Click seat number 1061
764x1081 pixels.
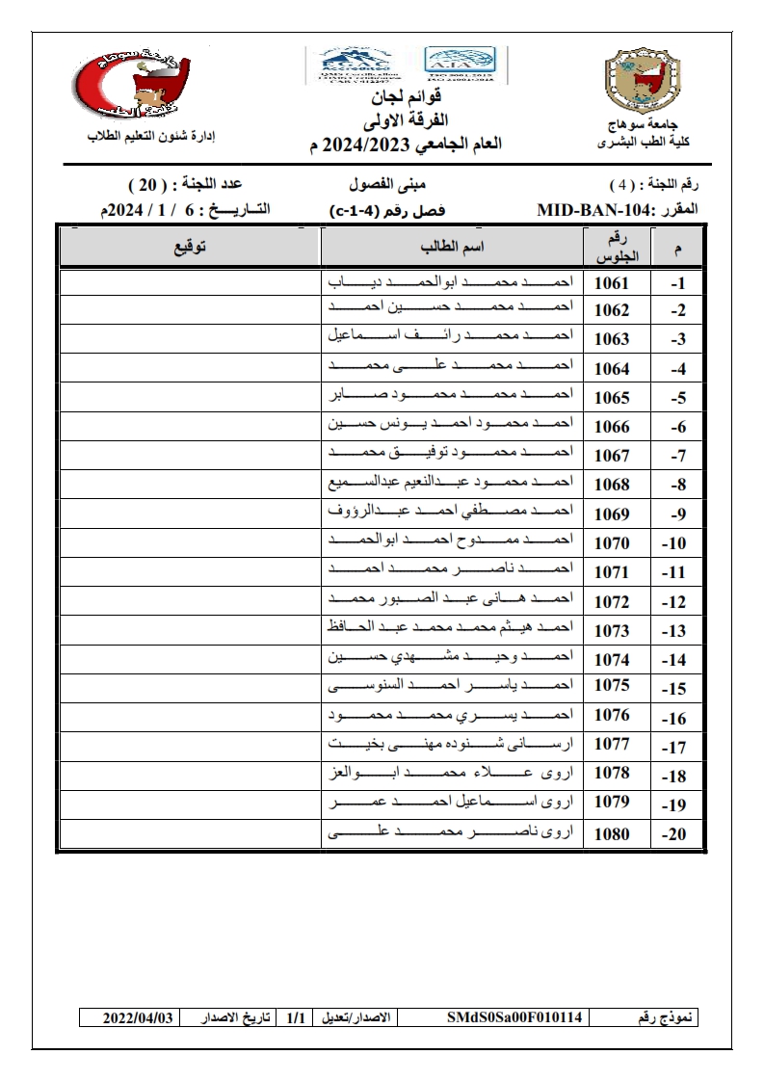pyautogui.click(x=612, y=283)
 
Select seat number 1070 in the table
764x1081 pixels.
pyautogui.click(x=612, y=543)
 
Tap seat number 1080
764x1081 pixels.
pyautogui.click(x=612, y=834)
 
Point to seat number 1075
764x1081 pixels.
pyautogui.click(x=612, y=687)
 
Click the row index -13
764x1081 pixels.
pyautogui.click(x=676, y=632)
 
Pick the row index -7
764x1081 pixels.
pyautogui.click(x=676, y=457)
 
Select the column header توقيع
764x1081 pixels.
pyautogui.click(x=190, y=248)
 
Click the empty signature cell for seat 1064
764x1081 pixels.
pyautogui.click(x=190, y=368)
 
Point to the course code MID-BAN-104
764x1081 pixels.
pyautogui.click(x=594, y=209)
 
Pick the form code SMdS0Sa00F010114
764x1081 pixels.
pyautogui.click(x=515, y=1017)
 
